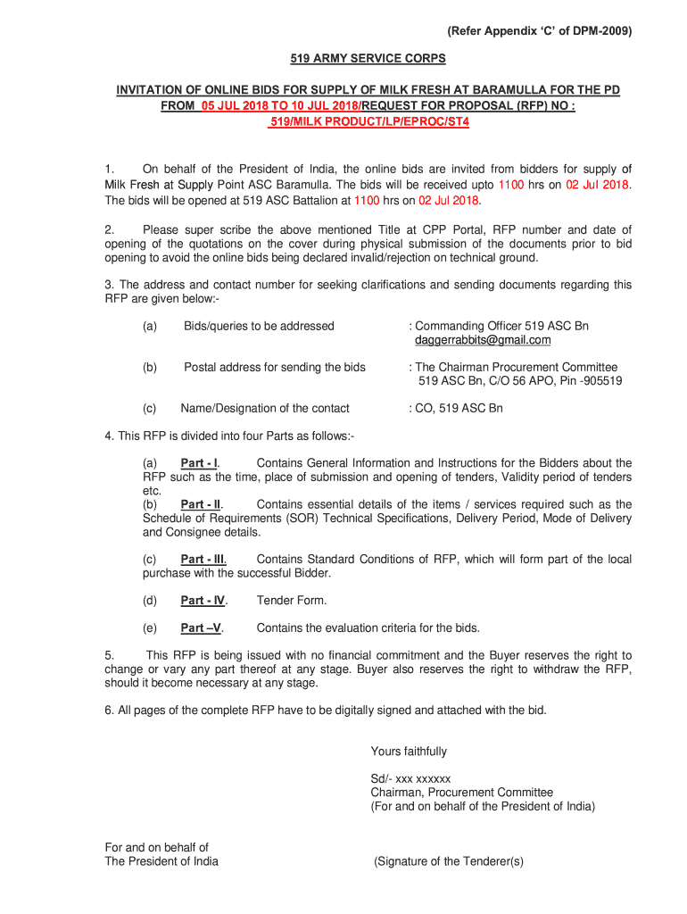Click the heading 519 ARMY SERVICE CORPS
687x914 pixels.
pos(368,59)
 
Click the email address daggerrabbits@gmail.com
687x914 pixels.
pos(483,340)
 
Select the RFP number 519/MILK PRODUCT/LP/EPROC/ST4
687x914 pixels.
pos(368,120)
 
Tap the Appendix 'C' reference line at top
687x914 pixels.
pos(540,31)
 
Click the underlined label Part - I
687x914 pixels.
pos(200,463)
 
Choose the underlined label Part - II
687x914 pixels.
pos(201,504)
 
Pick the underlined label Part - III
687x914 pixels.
pos(203,560)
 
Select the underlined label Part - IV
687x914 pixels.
pos(203,601)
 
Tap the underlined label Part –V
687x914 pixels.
pos(202,627)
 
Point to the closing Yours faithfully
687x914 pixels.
pos(409,752)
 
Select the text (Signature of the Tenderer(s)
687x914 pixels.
pos(449,861)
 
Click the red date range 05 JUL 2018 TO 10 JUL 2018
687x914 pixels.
pos(278,105)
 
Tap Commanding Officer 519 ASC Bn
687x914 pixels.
pos(501,326)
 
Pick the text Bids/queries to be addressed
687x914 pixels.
pos(259,326)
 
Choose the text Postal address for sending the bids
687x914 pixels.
pos(275,367)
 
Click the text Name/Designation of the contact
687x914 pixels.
pos(265,408)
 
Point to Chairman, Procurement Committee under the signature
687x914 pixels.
pos(461,793)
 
